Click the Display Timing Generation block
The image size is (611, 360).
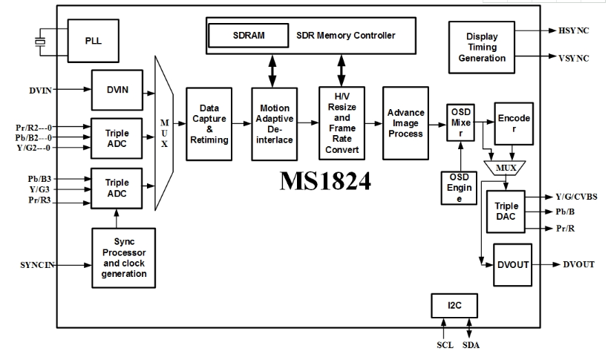(481, 47)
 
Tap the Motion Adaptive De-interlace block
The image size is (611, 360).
(274, 123)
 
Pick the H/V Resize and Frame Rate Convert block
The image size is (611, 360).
(341, 123)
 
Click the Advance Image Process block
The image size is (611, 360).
(405, 122)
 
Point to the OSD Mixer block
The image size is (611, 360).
(460, 120)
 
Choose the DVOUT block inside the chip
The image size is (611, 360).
(514, 264)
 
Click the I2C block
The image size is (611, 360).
(454, 305)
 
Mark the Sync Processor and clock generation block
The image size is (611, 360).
(120, 258)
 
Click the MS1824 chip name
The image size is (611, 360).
(325, 180)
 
